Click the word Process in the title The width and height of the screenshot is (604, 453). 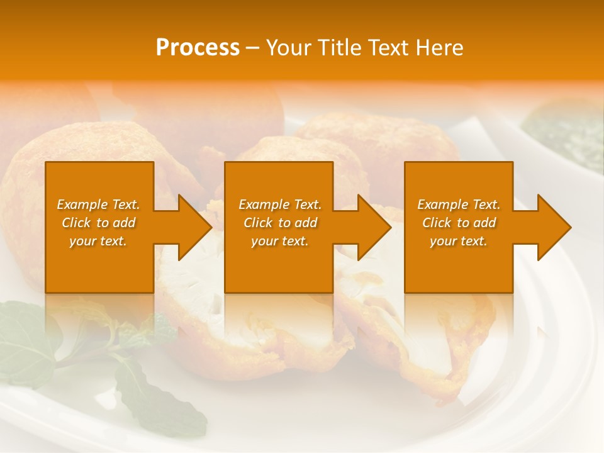tap(198, 48)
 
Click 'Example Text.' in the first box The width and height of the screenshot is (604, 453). tap(99, 204)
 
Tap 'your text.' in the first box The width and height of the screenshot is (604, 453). tap(99, 241)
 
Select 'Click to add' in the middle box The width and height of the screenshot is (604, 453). tap(280, 223)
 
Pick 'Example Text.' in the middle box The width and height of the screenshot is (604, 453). tap(280, 204)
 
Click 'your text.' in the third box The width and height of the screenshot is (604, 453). tap(459, 241)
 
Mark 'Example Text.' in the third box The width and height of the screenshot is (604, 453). tap(459, 204)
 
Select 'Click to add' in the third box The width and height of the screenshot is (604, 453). tap(459, 223)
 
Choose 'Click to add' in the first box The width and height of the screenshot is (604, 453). tap(99, 223)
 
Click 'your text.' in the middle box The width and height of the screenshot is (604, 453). tap(280, 241)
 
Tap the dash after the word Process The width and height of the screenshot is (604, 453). tap(253, 48)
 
